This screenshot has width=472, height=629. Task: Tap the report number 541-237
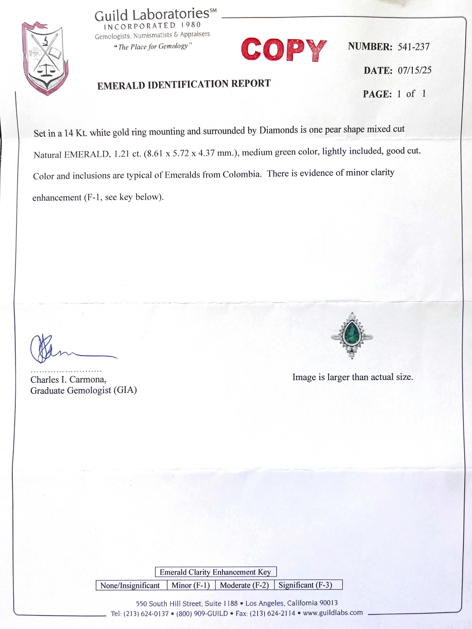tap(413, 47)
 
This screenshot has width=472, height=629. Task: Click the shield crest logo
tap(45, 58)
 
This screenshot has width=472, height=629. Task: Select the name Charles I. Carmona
tap(68, 380)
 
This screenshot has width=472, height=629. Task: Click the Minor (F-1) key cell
tap(191, 585)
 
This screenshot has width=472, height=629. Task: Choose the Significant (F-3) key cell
tap(305, 585)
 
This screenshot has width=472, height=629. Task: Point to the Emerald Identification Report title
tap(184, 84)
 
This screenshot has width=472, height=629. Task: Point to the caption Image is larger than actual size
tap(352, 377)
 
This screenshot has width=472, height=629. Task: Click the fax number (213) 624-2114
tap(273, 613)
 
